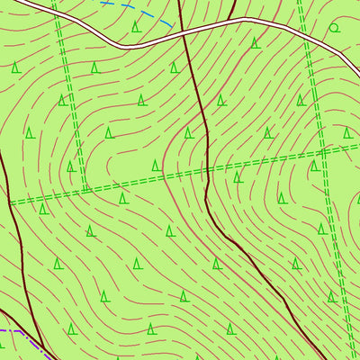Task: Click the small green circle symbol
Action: (334, 28)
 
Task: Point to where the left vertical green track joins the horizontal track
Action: (86, 190)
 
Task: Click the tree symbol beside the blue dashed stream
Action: (136, 26)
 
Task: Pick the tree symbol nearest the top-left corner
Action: (16, 67)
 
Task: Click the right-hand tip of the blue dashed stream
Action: (175, 24)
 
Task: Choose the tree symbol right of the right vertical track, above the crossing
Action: (346, 133)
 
